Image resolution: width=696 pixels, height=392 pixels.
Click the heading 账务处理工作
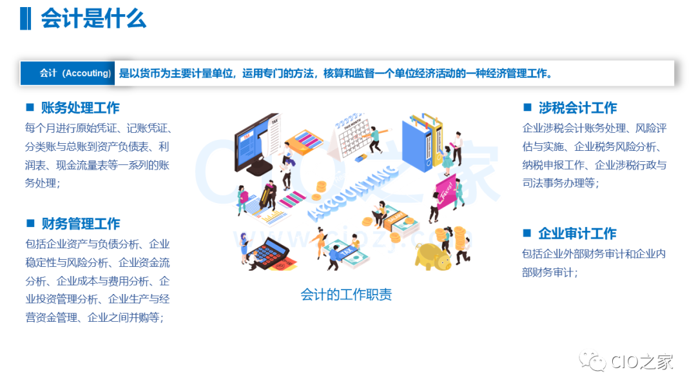[81, 108]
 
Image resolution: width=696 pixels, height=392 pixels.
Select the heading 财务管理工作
[81, 224]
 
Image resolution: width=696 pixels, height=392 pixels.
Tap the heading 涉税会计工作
[578, 108]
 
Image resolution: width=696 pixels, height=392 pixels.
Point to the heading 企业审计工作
[577, 233]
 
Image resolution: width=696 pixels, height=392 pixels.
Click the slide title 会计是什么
[93, 19]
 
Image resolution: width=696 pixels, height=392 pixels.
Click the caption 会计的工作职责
[346, 295]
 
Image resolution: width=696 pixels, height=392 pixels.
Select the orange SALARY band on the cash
[394, 219]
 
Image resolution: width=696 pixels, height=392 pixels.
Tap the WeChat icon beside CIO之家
[592, 361]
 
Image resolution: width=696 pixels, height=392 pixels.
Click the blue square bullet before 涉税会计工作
[527, 107]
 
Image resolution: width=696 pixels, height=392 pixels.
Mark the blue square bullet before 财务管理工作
[30, 223]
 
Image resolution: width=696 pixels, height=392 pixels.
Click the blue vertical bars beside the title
[26, 19]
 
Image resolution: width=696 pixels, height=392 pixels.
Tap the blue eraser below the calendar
[361, 157]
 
